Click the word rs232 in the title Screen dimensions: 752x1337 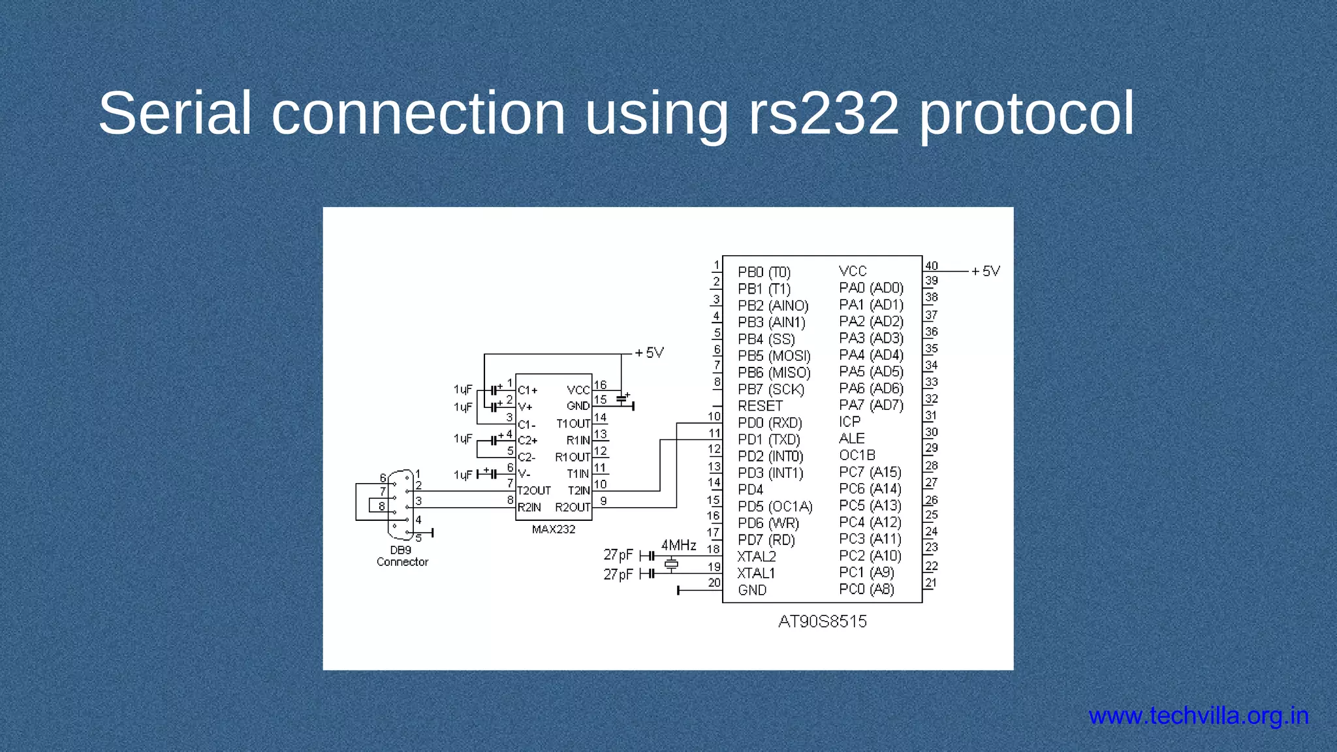coord(824,114)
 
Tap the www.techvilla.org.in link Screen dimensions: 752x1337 coord(1199,716)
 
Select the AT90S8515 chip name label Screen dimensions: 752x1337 coord(822,621)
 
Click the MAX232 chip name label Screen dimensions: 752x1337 coord(554,529)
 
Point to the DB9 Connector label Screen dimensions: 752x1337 coord(402,556)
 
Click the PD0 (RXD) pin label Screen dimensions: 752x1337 coord(770,423)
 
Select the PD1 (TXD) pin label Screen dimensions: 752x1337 coord(768,440)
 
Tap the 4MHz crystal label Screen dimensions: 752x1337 coord(678,545)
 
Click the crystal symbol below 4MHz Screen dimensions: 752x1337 coord(671,564)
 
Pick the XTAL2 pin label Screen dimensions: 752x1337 coord(757,557)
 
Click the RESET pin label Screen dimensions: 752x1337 coord(760,406)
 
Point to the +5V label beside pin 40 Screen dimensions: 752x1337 coord(986,271)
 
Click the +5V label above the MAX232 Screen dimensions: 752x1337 coord(650,353)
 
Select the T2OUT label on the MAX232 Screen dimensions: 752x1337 coord(534,491)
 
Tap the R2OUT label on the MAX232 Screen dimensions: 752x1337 coord(573,508)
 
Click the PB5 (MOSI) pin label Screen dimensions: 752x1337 coord(774,356)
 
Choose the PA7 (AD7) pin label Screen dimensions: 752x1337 coord(871,405)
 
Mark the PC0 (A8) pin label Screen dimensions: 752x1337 coord(866,589)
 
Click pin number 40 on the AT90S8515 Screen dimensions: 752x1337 coord(932,266)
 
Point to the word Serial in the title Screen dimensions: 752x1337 coord(175,114)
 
